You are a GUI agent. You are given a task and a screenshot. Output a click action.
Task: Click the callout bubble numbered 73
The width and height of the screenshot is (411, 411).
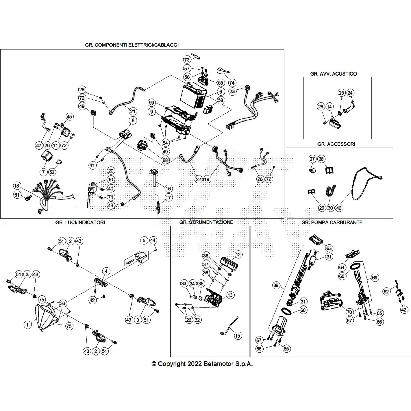coord(187,60)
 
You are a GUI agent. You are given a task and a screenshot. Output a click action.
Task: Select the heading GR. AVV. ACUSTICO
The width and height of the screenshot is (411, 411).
coord(333,74)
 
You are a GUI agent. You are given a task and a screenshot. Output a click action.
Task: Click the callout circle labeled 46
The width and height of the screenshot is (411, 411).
coord(339,208)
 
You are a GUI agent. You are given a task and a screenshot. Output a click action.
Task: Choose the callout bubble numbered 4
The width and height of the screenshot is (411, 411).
coord(106,271)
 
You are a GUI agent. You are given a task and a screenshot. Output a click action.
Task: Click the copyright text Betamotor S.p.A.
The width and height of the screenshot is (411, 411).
coord(202,364)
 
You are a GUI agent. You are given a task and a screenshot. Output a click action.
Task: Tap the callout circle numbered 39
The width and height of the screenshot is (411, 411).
coord(276,285)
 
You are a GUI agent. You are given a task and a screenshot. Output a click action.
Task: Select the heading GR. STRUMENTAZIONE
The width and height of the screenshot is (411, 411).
coord(206,222)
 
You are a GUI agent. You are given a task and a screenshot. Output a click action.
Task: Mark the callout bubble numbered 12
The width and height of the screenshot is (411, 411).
coord(238,255)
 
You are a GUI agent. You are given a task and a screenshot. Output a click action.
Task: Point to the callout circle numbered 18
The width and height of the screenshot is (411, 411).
coord(17,186)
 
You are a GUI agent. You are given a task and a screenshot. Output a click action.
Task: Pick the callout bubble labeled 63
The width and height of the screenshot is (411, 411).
coord(329,248)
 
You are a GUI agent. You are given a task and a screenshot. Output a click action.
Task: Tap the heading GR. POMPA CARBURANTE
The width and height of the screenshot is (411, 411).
coord(332,222)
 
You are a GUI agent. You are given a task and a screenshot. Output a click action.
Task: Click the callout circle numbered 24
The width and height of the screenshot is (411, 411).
coord(350,93)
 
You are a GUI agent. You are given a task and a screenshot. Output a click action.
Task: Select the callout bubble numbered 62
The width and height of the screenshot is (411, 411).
coord(386,291)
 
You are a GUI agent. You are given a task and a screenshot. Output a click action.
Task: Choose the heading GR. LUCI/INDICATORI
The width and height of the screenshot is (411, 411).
coord(80,222)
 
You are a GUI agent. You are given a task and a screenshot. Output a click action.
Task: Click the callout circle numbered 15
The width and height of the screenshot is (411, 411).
coord(237,335)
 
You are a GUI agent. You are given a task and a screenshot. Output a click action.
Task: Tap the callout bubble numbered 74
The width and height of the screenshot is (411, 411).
coord(232,83)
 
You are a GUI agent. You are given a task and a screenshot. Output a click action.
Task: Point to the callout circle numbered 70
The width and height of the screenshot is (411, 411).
coord(349,312)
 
